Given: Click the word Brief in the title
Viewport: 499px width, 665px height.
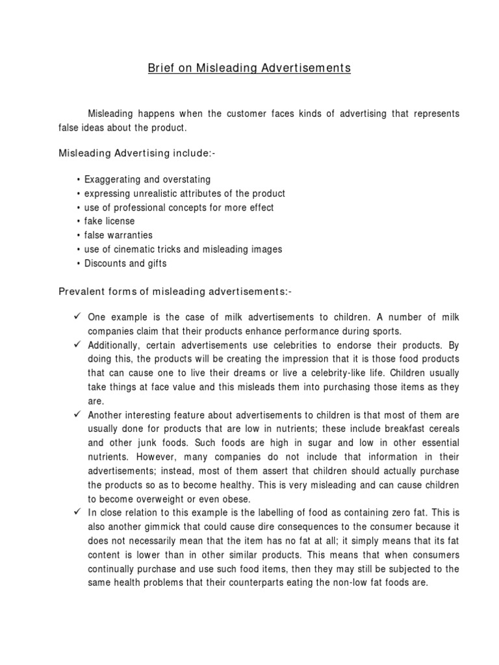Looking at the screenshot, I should tap(159, 68).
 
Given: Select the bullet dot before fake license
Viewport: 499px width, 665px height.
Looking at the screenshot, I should tap(78, 221).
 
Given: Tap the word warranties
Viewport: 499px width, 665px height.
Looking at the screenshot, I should tap(130, 235).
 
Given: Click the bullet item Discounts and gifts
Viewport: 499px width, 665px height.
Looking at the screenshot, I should tap(125, 264).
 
